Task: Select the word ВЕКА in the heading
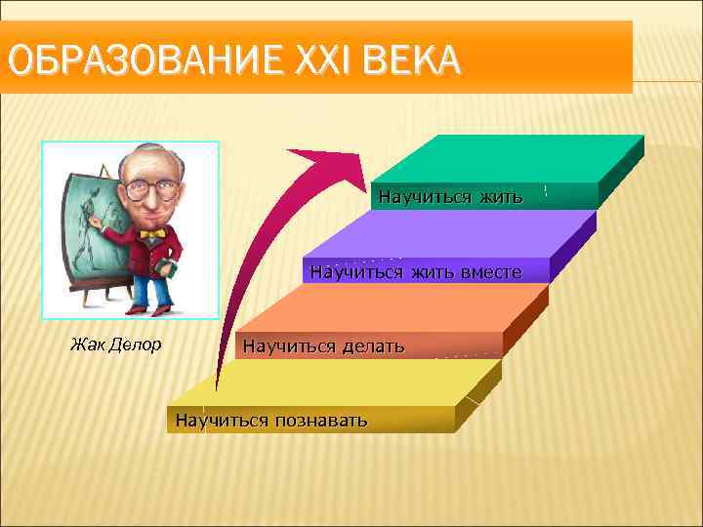point(409,61)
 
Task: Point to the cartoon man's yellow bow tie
point(150,234)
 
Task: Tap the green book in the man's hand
point(165,268)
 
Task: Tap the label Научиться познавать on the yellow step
point(271,421)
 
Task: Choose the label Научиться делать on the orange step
point(323,345)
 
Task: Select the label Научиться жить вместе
point(415,271)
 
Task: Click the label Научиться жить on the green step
point(450,196)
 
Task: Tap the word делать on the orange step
point(372,345)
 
